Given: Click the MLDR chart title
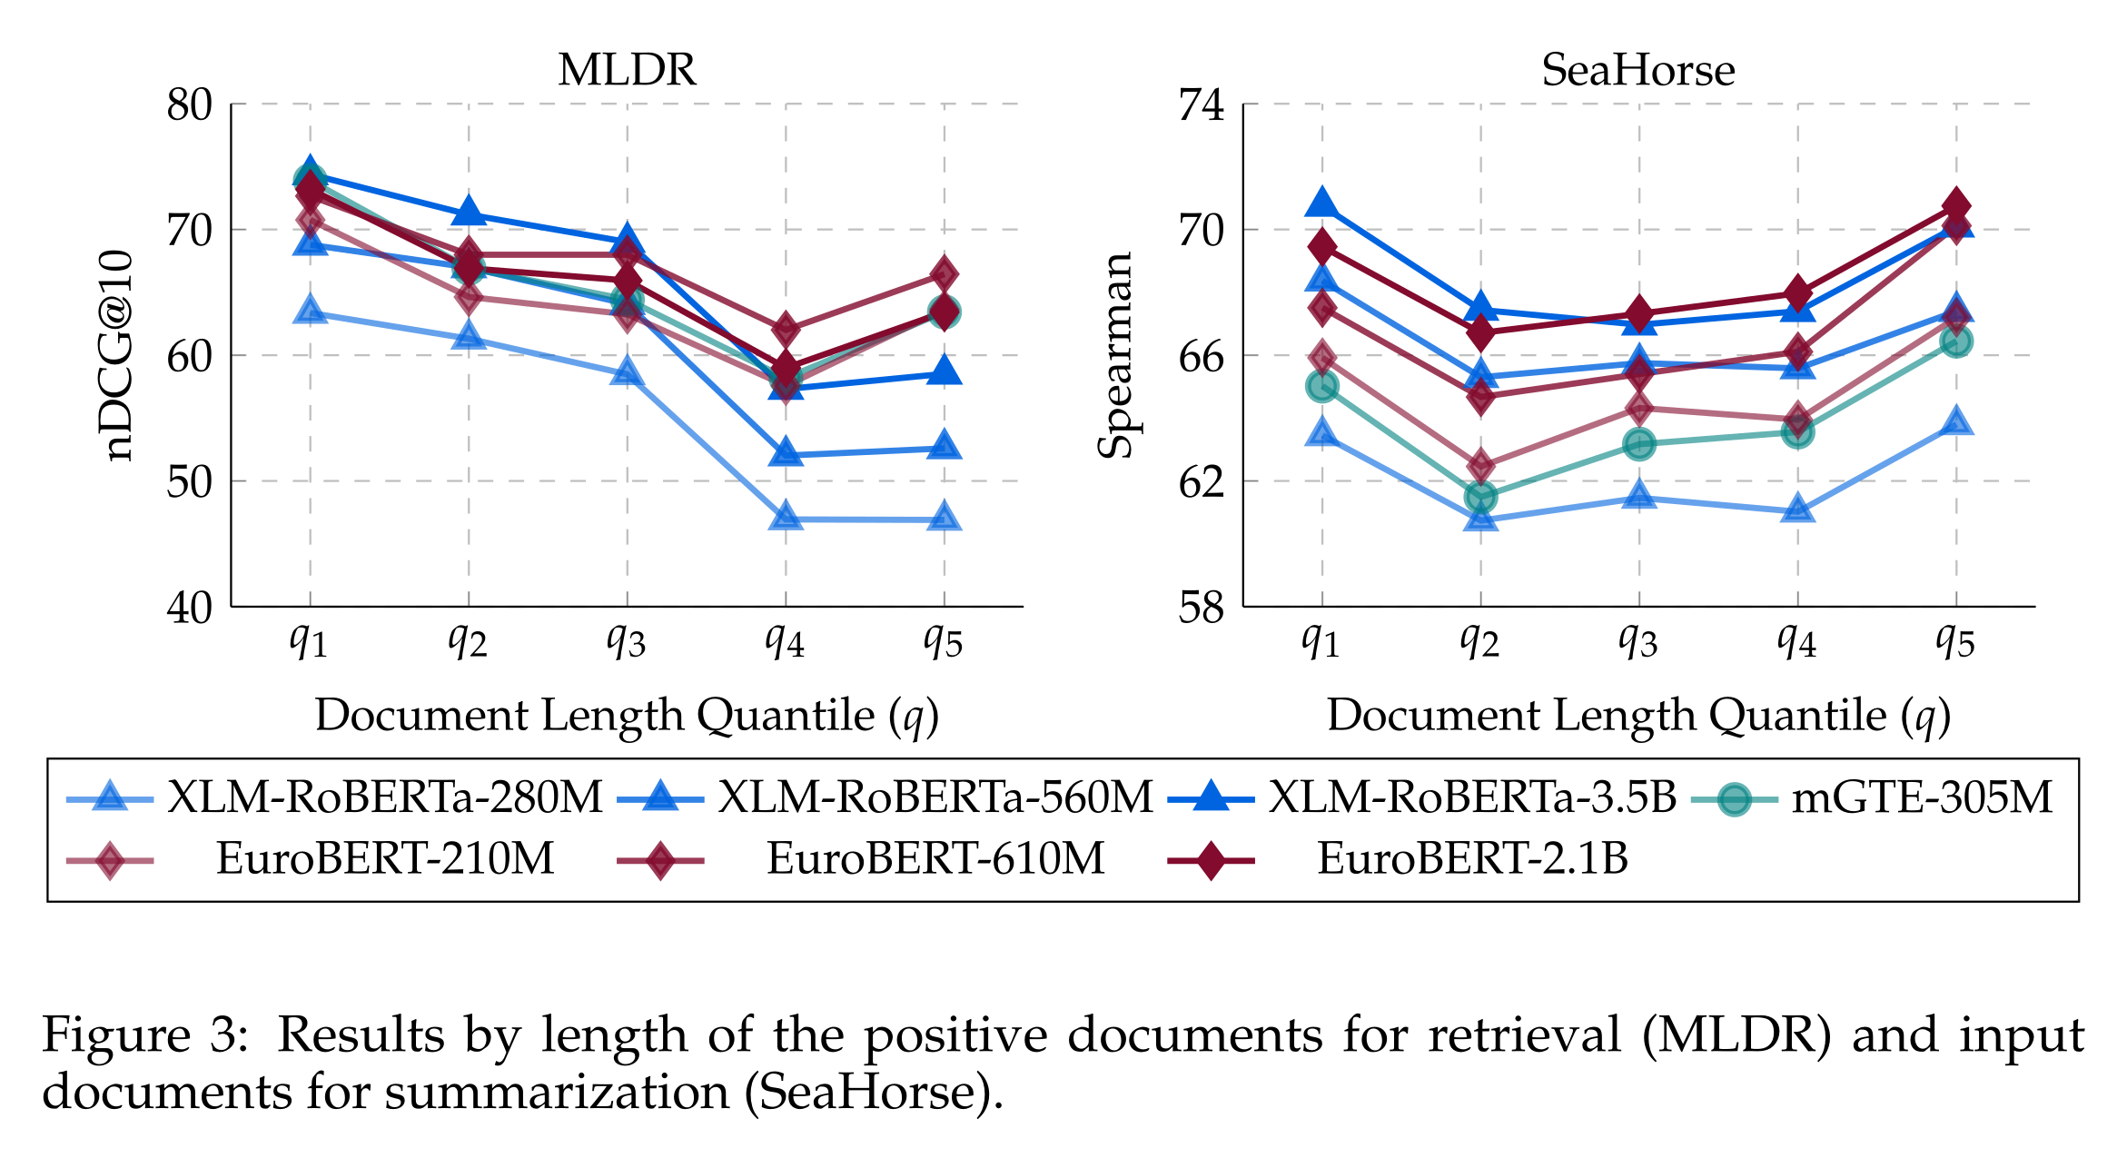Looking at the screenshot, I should click(627, 70).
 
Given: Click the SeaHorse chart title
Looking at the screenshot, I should click(1637, 70).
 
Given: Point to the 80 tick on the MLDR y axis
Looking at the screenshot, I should click(190, 105).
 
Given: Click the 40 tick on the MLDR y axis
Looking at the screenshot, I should click(190, 608).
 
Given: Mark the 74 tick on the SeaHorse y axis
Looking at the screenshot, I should click(1202, 105).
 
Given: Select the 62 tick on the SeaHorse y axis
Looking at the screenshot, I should click(1202, 481).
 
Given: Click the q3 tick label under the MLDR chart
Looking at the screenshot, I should click(627, 641).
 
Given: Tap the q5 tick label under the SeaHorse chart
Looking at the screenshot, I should click(1955, 641).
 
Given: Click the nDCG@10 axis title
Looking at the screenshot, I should click(118, 355).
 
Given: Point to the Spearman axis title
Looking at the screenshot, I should click(1115, 355).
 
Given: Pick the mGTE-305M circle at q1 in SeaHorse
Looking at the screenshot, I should click(1322, 387).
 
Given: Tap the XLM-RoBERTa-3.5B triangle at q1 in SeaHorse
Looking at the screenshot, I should click(1322, 203).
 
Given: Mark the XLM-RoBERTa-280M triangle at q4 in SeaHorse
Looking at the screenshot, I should click(1797, 510).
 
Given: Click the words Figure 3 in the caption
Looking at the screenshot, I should click(145, 1034).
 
